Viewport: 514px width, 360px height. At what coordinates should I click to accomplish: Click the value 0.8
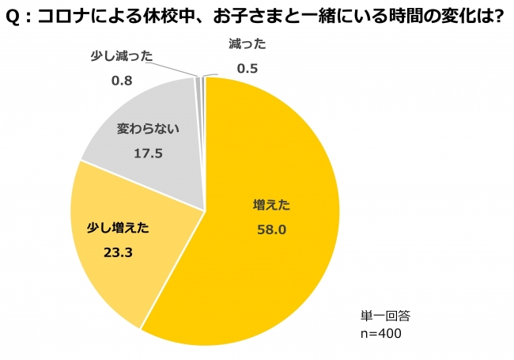(121, 80)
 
